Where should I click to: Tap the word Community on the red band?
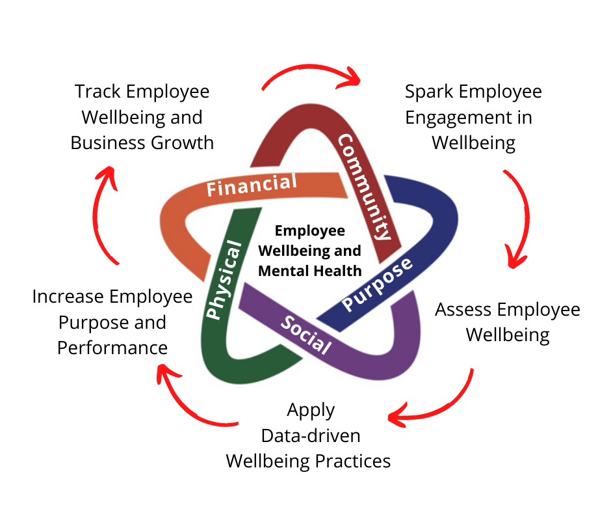tap(365, 187)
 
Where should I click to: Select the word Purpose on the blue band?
tap(377, 284)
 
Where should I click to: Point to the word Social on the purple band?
tap(306, 335)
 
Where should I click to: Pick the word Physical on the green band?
tap(224, 281)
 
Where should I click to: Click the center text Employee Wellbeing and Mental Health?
tap(309, 250)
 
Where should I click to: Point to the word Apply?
tap(311, 410)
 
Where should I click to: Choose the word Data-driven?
tap(310, 436)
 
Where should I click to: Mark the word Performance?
tap(112, 348)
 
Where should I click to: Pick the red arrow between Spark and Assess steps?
tap(518, 218)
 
